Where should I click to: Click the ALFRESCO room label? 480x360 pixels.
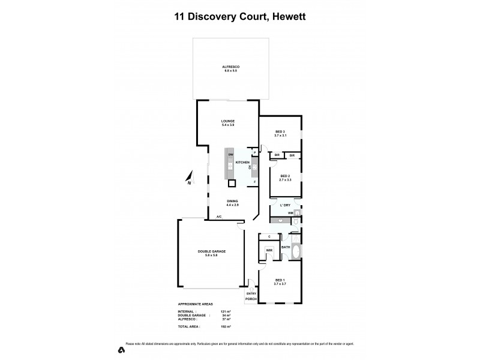230,67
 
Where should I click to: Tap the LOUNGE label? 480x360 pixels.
228,121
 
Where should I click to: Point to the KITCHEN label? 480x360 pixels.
242,163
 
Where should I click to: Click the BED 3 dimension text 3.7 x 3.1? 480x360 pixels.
280,136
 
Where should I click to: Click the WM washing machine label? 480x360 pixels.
290,213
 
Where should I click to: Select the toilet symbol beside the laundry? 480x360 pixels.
297,222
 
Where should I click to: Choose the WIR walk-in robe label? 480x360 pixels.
269,250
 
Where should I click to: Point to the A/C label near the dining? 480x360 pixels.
220,217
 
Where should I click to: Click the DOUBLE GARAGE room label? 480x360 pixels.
211,251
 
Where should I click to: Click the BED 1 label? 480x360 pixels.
280,280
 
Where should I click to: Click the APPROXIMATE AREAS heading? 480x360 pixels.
196,304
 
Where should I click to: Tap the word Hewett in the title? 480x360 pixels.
289,17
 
